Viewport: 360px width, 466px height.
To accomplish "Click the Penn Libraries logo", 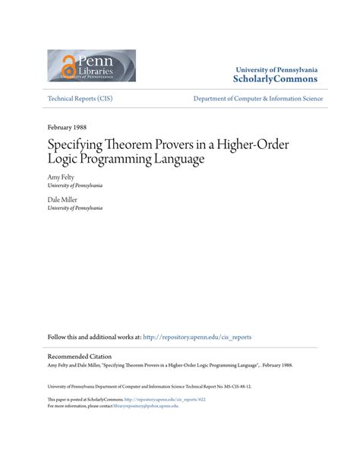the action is pyautogui.click(x=91, y=65).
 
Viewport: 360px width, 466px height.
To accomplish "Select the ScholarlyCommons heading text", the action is pyautogui.click(x=276, y=78).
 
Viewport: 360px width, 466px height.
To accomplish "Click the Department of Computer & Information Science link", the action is pyautogui.click(x=258, y=99).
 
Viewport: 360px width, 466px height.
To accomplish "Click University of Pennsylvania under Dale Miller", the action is pyautogui.click(x=74, y=208).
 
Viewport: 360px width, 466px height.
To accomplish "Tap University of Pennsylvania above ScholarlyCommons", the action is pyautogui.click(x=276, y=68).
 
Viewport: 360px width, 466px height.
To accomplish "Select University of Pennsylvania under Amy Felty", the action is pyautogui.click(x=74, y=185).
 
